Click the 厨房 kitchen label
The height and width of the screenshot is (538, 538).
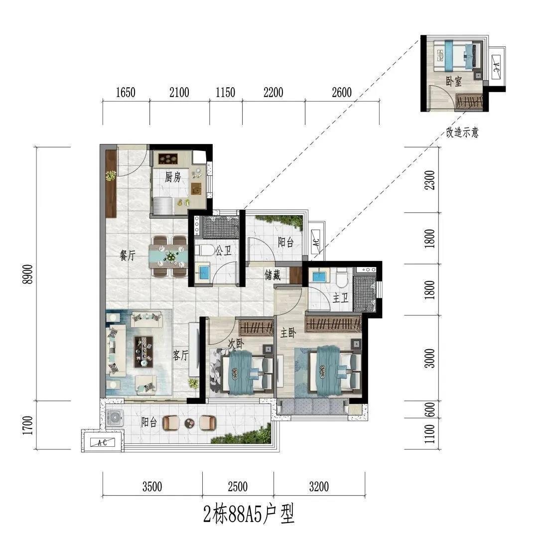172,177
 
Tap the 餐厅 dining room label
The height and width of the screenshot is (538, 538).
128,255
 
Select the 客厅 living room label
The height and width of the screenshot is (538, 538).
180,355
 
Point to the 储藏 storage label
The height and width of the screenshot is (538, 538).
272,275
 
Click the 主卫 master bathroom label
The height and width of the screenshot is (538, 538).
341,298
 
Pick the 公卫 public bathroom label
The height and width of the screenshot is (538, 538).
223,251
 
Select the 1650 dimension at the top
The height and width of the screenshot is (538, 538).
126,92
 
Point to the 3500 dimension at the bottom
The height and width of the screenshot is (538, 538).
152,487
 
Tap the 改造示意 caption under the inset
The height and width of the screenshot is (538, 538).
462,132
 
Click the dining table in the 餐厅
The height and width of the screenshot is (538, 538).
168,256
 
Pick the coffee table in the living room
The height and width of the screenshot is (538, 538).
143,351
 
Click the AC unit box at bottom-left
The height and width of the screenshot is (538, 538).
102,442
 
